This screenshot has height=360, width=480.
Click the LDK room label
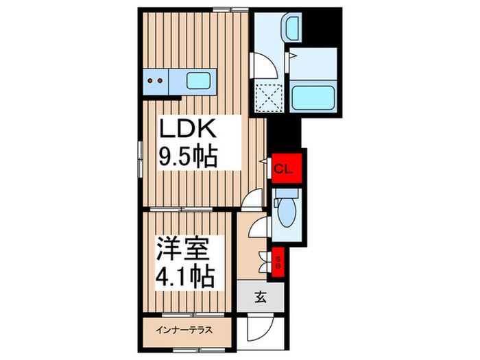188,130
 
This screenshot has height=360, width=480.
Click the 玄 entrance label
261,297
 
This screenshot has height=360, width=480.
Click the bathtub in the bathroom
313,97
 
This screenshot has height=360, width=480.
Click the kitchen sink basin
200,81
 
